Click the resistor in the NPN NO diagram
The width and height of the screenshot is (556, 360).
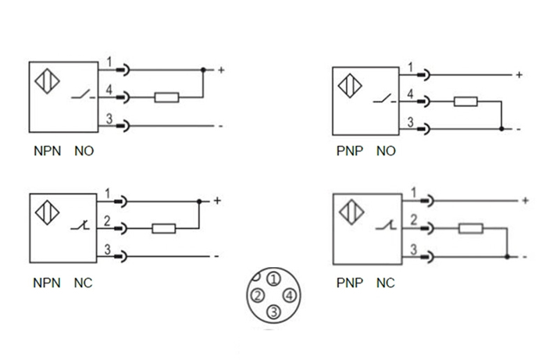click(x=167, y=98)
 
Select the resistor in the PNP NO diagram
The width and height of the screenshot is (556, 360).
click(x=466, y=102)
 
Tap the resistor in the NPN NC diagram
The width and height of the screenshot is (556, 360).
click(x=163, y=229)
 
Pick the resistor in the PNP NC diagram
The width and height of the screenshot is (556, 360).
click(x=470, y=229)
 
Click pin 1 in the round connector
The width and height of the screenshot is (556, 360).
click(x=273, y=278)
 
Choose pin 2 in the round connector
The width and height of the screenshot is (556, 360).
click(x=256, y=295)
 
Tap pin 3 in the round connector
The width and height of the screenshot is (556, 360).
click(x=273, y=312)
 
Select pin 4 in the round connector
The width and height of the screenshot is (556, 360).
click(x=290, y=295)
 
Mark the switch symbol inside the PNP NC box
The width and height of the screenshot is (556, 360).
click(x=384, y=227)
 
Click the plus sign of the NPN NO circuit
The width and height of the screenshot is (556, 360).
click(x=222, y=71)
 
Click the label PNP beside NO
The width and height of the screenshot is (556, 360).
click(x=350, y=151)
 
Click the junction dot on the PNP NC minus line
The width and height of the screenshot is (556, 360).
click(x=507, y=256)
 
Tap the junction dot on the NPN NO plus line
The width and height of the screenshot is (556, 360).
click(x=204, y=70)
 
